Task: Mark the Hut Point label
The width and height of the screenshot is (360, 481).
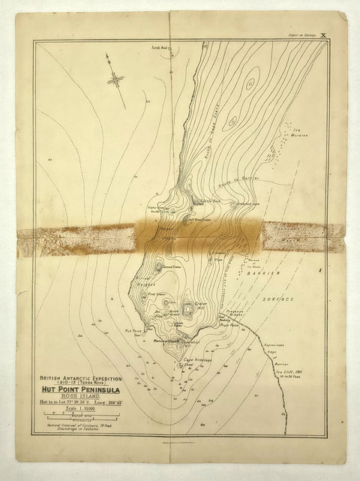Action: [133, 331]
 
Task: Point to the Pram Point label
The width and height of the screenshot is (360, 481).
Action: [229, 326]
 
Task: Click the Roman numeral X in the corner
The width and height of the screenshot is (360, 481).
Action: [323, 35]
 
